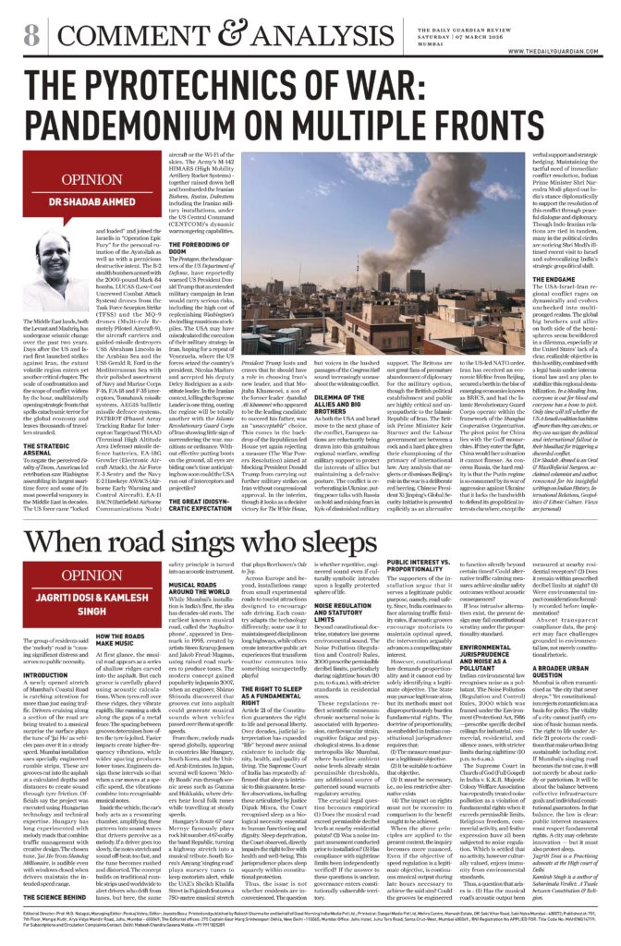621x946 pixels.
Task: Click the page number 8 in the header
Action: click(x=30, y=36)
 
